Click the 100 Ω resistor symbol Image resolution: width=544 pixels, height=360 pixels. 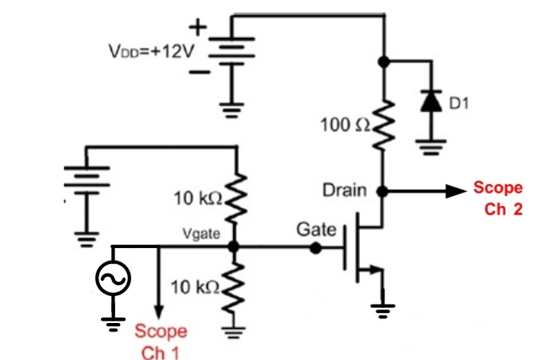[385, 125]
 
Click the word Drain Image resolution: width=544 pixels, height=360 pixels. [346, 191]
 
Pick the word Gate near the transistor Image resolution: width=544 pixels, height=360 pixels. [316, 229]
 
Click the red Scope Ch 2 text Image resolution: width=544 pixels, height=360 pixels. [498, 197]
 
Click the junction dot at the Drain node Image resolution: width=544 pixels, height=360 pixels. [384, 192]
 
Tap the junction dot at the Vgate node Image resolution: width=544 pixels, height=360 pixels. [235, 247]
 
